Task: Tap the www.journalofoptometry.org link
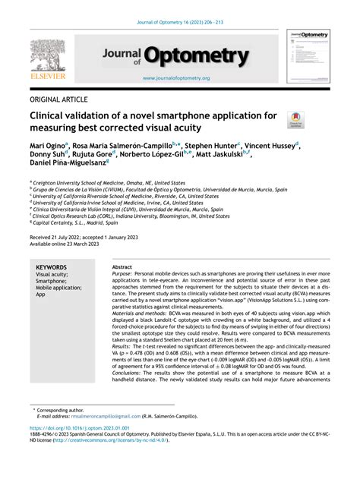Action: coord(175,78)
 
